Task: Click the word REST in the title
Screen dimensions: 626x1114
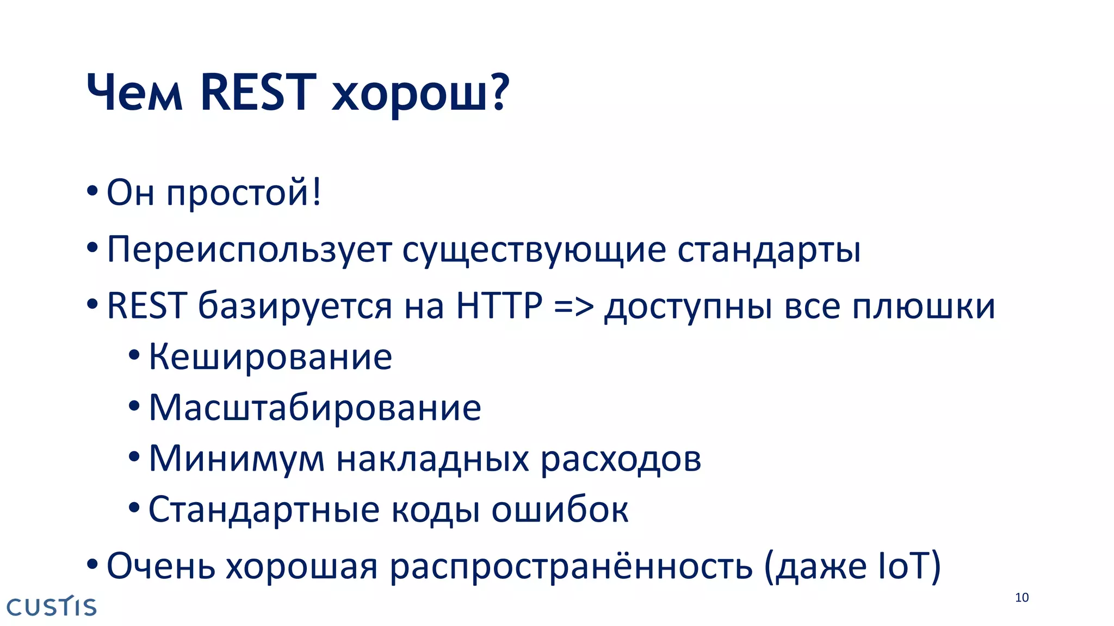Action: [258, 93]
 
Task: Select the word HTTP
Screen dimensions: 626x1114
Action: [499, 306]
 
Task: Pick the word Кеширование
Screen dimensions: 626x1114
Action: [270, 358]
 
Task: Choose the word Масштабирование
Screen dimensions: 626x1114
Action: [315, 409]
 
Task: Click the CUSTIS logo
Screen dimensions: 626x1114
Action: [52, 606]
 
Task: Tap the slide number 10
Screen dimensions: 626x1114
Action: [1022, 598]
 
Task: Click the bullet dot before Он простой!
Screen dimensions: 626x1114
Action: [92, 191]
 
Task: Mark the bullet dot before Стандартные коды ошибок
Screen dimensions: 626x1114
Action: [134, 509]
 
